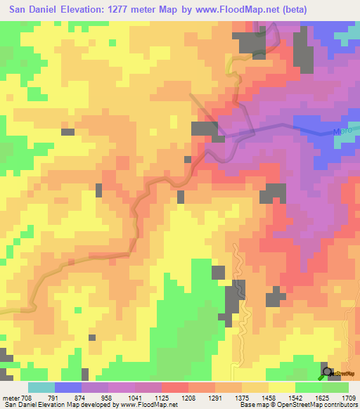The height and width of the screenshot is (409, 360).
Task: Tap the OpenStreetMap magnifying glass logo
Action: [x=328, y=372]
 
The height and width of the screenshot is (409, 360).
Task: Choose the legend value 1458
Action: [x=269, y=398]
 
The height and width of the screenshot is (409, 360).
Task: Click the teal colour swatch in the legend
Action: [x=41, y=388]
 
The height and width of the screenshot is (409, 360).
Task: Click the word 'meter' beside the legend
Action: [x=11, y=398]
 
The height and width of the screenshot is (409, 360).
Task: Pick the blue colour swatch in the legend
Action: [x=67, y=388]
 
